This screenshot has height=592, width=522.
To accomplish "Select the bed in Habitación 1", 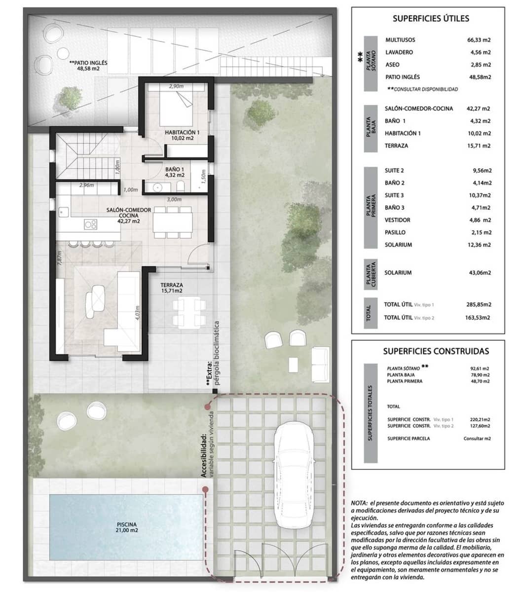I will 176,108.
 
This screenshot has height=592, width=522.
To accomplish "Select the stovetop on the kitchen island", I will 90,224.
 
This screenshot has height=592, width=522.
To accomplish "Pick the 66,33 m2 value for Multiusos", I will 479,40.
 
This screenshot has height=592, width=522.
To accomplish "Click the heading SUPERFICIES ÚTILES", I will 430,19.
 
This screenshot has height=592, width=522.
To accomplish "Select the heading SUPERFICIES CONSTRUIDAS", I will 436,351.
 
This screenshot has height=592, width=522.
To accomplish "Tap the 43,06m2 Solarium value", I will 479,273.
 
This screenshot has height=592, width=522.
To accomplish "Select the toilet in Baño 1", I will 181,186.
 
